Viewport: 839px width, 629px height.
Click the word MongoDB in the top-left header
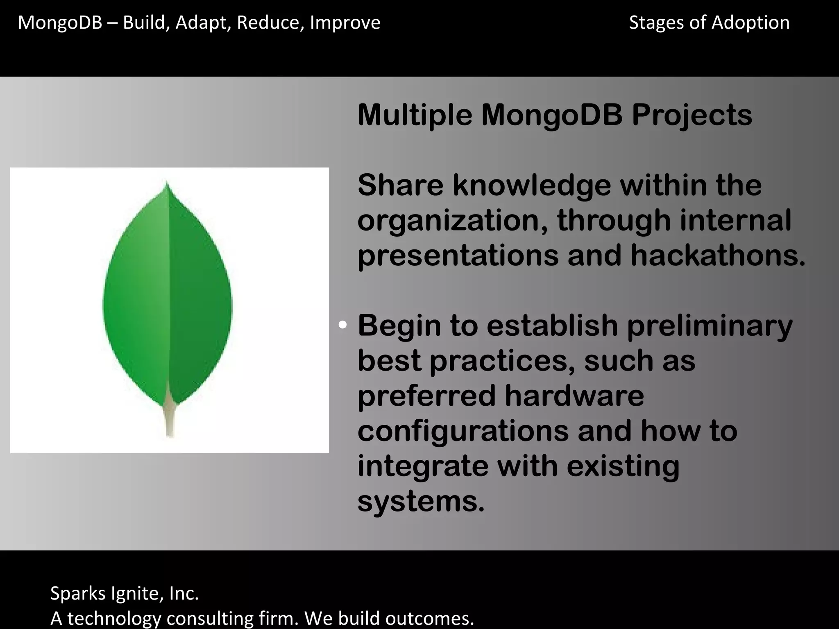point(60,23)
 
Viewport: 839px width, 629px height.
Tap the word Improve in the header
point(345,23)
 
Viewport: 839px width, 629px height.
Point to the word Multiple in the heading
point(415,116)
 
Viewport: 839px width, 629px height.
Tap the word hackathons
point(717,256)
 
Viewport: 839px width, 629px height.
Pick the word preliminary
point(710,326)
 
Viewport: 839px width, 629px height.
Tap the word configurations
point(463,431)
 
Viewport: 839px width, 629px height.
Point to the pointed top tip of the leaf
point(166,184)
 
